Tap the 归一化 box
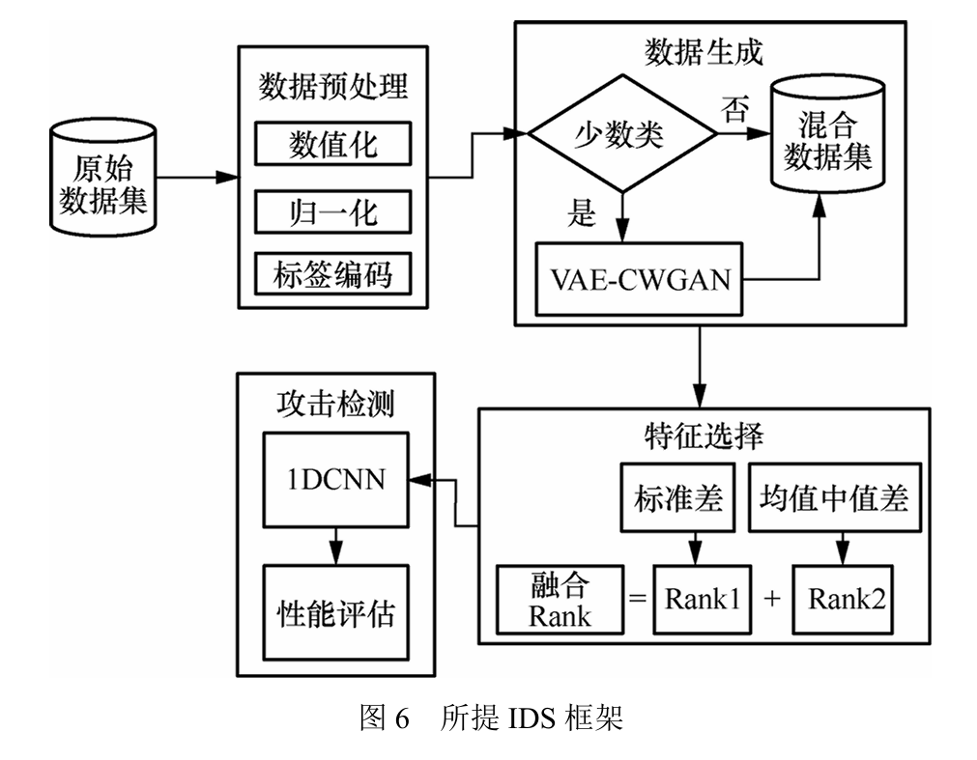[x=333, y=211]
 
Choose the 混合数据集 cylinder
[x=826, y=140]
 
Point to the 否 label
[x=734, y=109]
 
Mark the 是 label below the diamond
[x=582, y=212]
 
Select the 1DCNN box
[x=335, y=478]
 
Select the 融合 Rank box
[x=559, y=599]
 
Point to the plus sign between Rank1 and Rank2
[x=771, y=599]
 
